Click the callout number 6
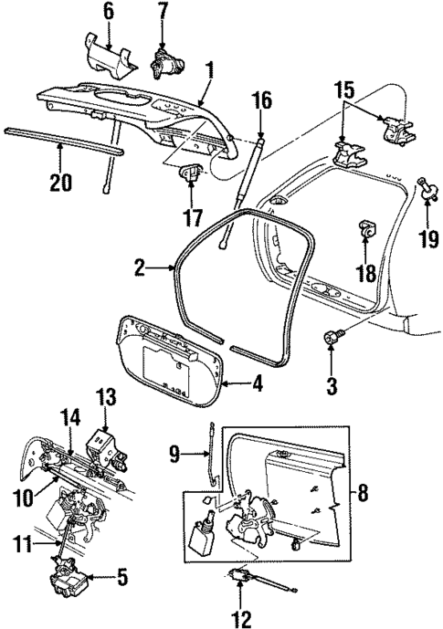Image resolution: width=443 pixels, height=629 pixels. (109, 12)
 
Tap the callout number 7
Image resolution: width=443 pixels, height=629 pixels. (163, 12)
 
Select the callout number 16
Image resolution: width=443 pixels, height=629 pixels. (262, 100)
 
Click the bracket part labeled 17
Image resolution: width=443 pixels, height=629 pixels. (193, 172)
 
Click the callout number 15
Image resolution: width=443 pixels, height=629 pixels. (343, 92)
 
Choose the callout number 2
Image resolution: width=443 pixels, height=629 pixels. (140, 267)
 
